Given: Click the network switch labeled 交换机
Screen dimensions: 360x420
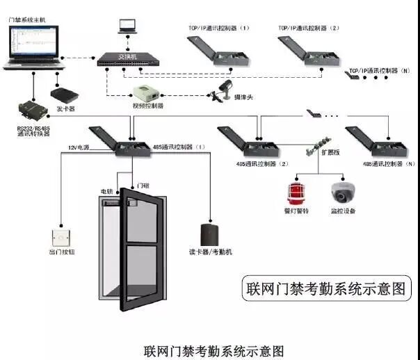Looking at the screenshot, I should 124,60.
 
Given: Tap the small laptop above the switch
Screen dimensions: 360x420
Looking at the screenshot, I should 127,25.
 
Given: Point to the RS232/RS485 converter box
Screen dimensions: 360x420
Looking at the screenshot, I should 31,109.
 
